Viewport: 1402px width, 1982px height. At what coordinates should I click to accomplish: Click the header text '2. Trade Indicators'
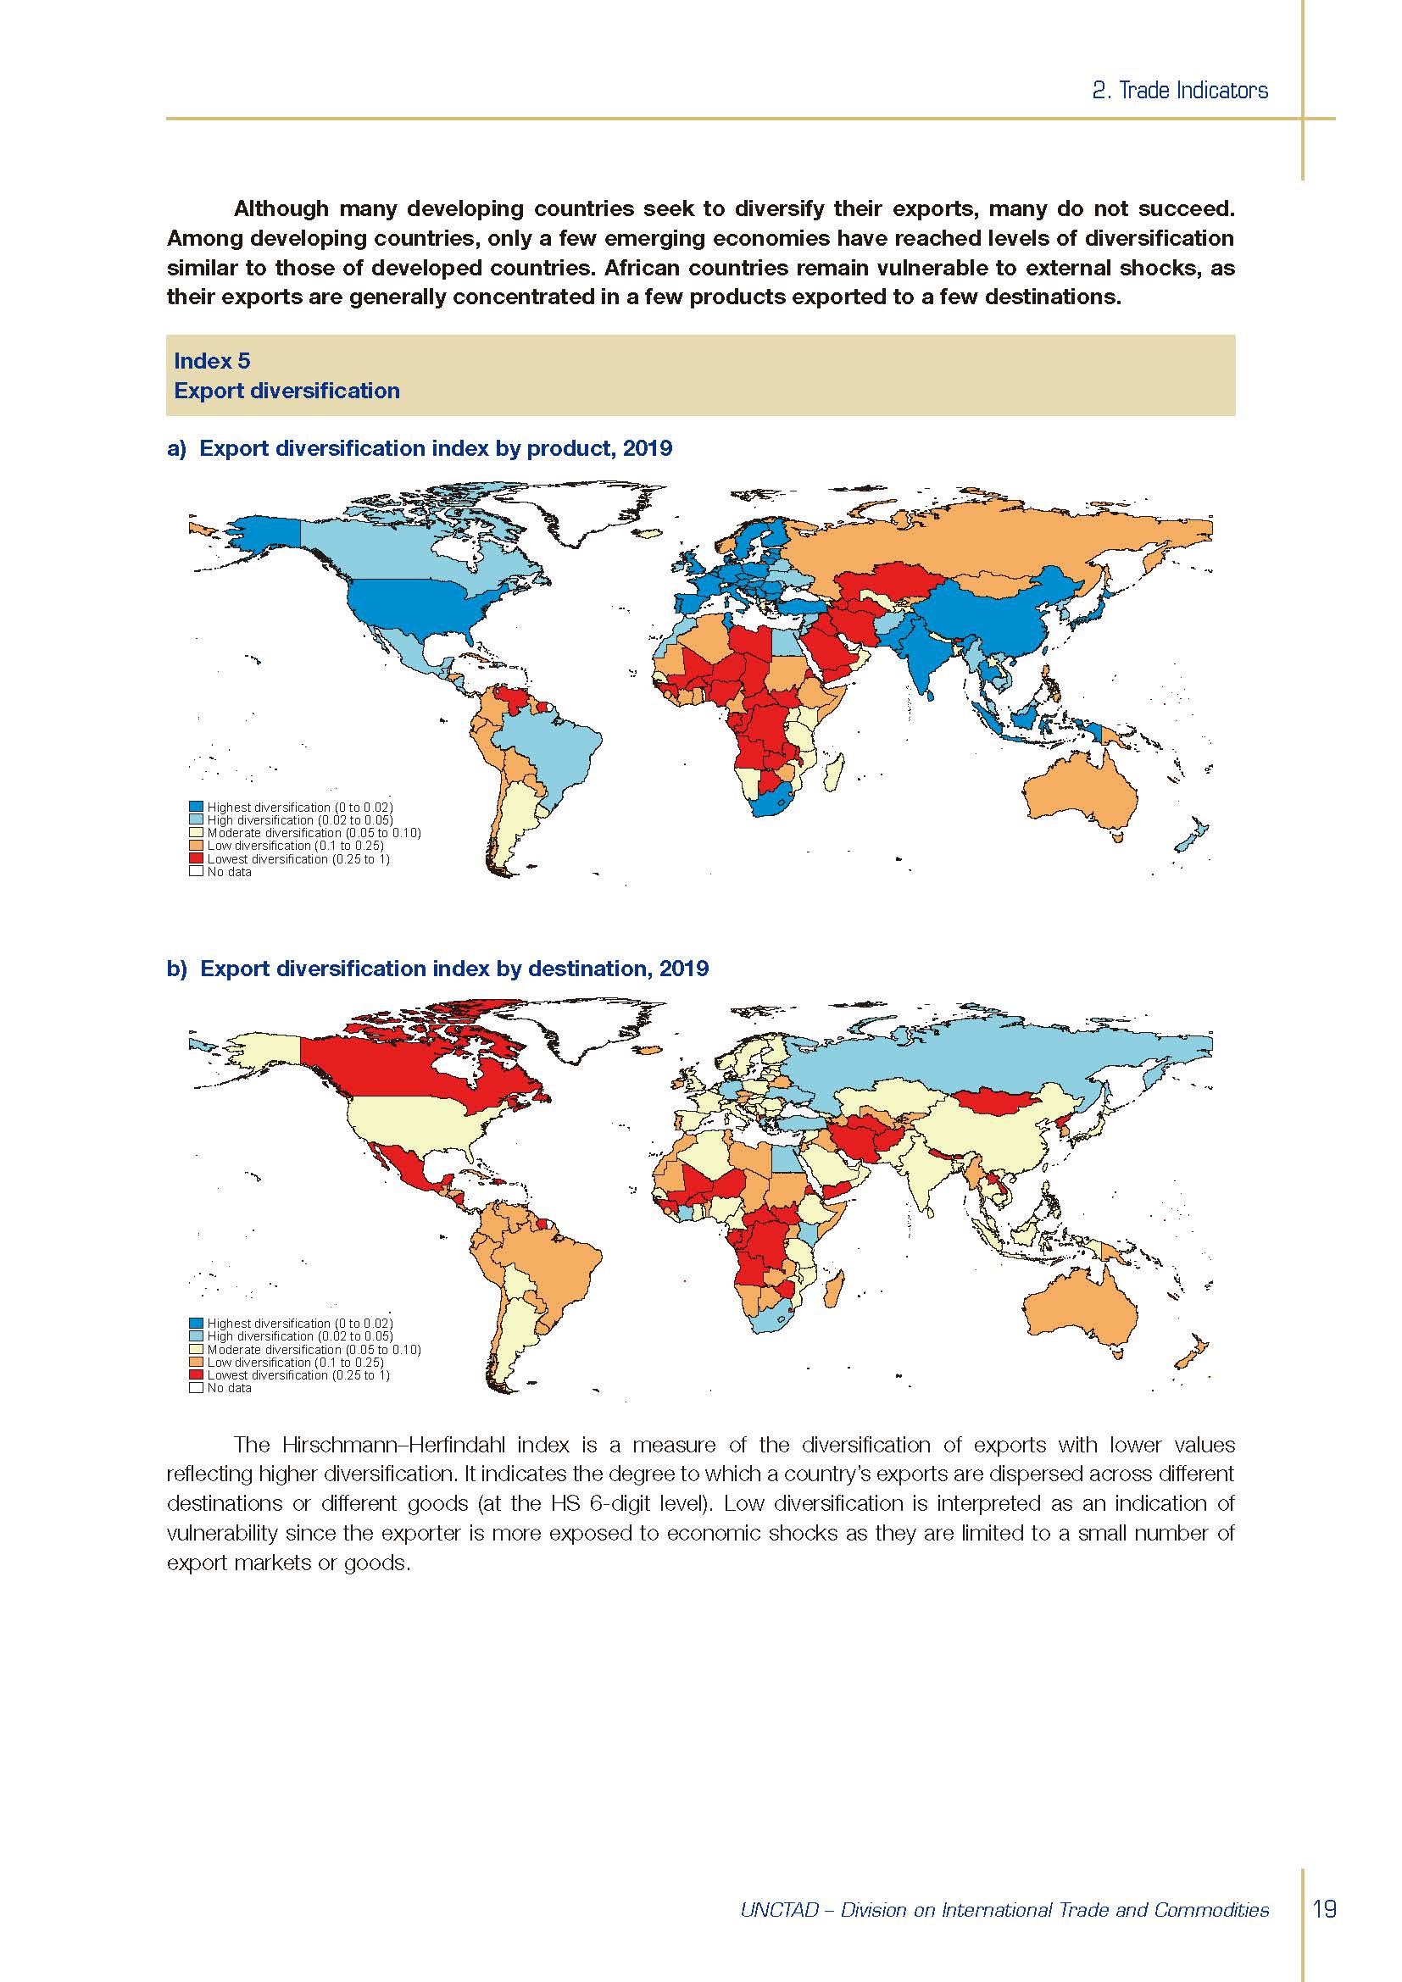click(x=1179, y=91)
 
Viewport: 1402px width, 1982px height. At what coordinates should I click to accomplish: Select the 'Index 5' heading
click(x=213, y=361)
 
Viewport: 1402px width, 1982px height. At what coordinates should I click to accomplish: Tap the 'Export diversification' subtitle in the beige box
click(x=287, y=391)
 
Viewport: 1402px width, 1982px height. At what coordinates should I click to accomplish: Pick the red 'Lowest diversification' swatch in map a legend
click(x=196, y=859)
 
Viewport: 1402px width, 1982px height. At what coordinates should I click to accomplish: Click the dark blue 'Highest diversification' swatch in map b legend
click(x=196, y=1324)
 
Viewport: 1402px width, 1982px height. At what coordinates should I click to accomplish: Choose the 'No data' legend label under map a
click(x=229, y=872)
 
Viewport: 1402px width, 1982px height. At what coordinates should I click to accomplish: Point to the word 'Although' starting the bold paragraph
click(x=281, y=209)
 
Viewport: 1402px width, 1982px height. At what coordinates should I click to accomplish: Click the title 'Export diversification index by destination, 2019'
click(x=454, y=969)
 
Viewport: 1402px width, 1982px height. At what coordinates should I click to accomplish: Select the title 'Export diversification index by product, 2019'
click(x=436, y=449)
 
